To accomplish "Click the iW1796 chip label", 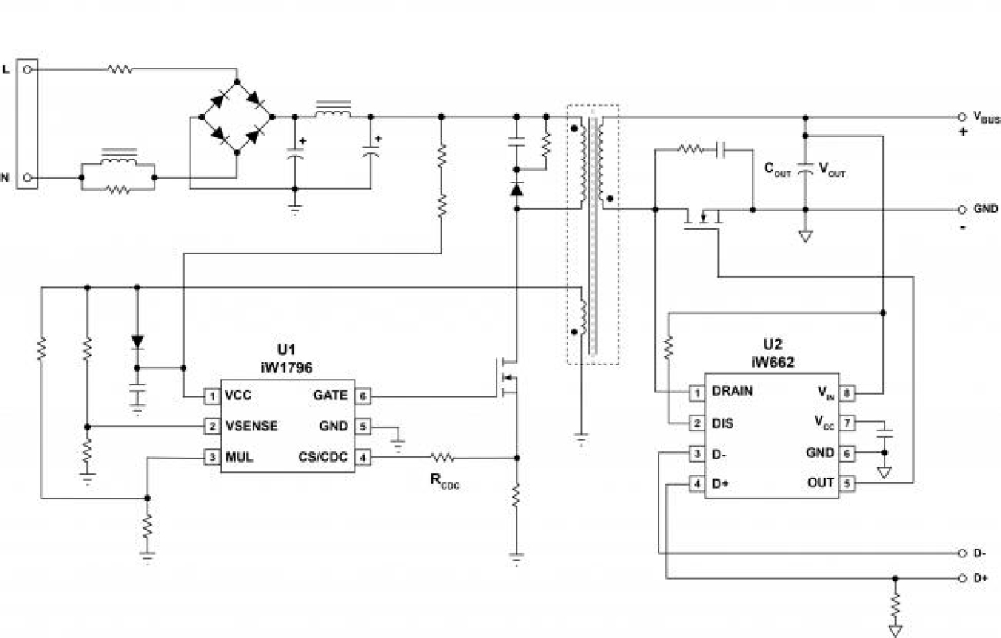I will click(288, 368).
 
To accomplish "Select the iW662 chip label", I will click(771, 362).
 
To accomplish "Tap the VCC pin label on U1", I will click(239, 396).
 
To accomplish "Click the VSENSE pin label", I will click(251, 427).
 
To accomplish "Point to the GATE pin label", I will click(331, 396).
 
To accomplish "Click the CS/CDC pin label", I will click(322, 458).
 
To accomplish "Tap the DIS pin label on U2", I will click(724, 423).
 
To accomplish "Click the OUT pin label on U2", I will click(819, 483).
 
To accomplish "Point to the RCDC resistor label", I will click(443, 481).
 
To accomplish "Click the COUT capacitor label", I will click(778, 169).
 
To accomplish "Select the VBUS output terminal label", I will click(986, 118).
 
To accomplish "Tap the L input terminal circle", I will click(28, 70).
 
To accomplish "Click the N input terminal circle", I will click(28, 177).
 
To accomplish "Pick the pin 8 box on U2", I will click(847, 392).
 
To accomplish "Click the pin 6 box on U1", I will click(363, 396).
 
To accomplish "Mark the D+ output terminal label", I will click(980, 578).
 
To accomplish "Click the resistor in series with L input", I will click(120, 70).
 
